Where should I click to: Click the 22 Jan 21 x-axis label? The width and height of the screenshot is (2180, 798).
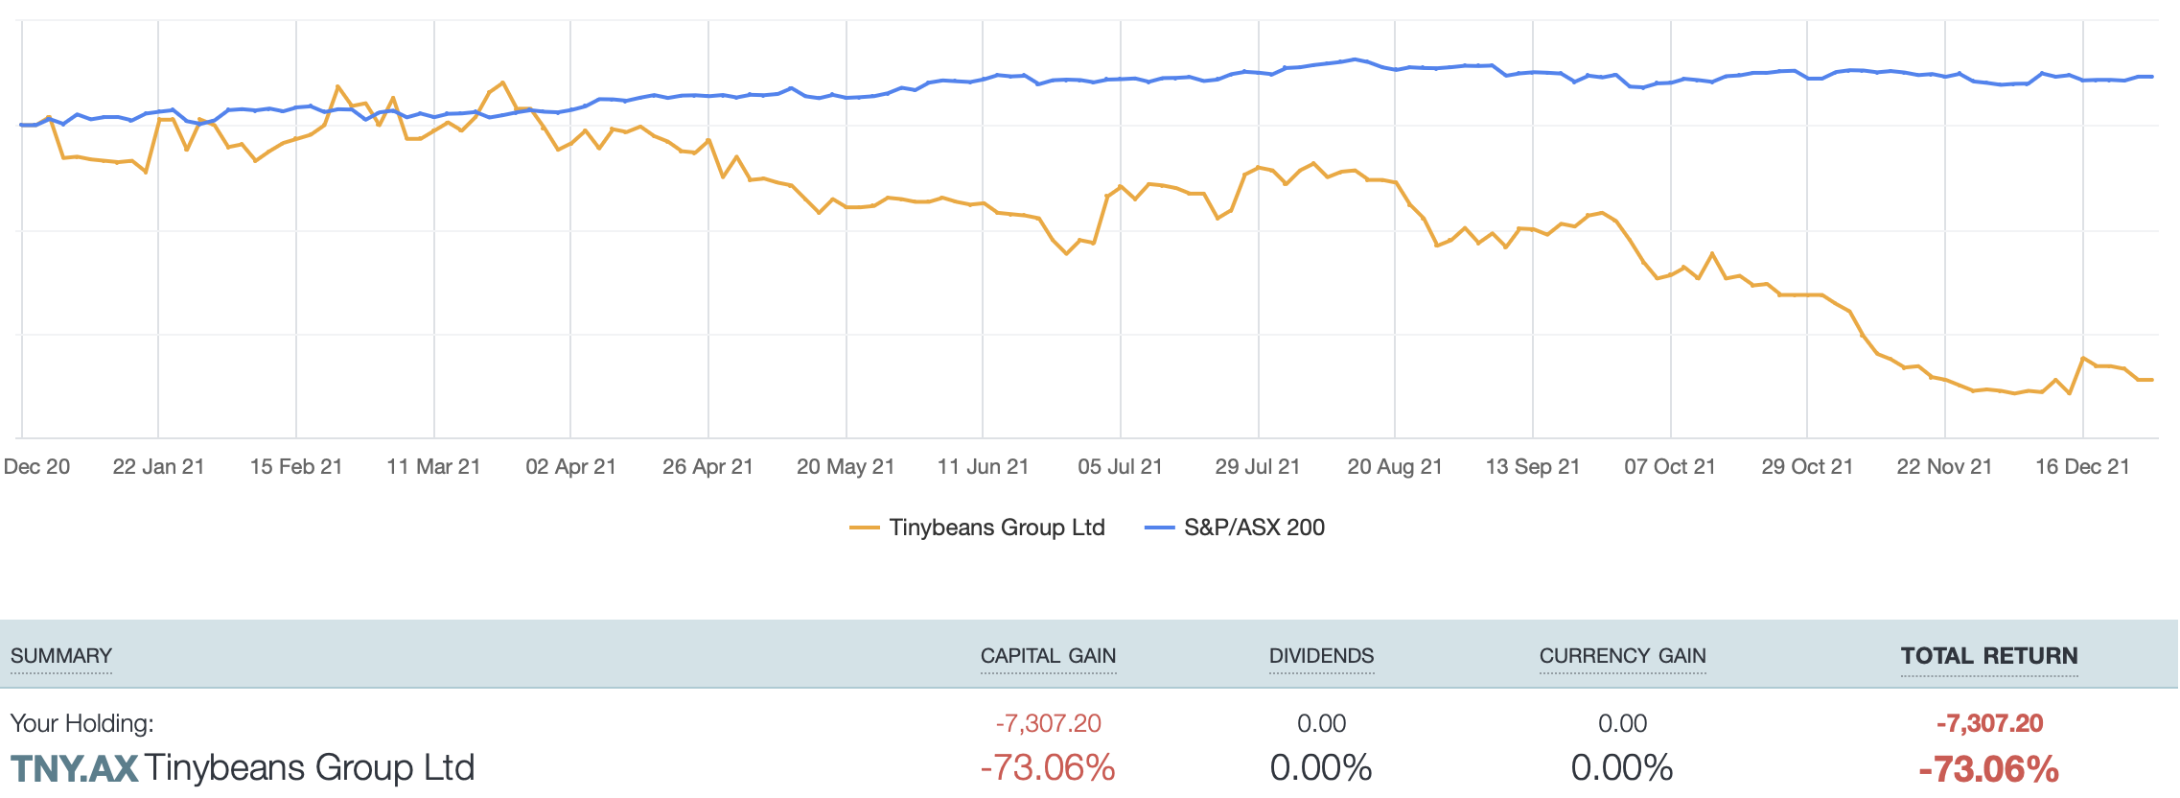coord(158,467)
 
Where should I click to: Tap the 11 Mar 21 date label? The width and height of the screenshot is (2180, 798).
coord(433,467)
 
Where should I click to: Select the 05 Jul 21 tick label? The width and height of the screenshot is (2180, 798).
coord(1120,467)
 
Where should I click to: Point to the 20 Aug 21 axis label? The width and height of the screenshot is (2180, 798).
coord(1395,467)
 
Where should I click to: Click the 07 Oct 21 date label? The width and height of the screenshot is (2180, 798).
coord(1669,467)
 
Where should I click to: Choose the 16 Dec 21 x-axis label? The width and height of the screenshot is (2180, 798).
coord(2082,467)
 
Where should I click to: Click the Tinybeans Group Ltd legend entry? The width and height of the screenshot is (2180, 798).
coord(978,528)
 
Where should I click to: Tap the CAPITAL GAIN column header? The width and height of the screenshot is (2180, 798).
coord(1048,656)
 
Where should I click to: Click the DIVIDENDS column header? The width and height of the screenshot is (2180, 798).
coord(1321,656)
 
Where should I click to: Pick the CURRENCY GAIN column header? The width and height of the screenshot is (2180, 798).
coord(1622,656)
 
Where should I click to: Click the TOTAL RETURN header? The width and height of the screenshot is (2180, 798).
coord(1989,656)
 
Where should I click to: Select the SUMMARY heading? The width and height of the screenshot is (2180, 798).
coord(61,656)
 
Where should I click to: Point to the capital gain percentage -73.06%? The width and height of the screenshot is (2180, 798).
coord(1048,768)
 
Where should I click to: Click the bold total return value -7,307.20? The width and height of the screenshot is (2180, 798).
coord(1989,723)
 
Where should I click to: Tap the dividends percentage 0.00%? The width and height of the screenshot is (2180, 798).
coord(1321,768)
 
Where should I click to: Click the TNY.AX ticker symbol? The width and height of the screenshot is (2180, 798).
coord(75,768)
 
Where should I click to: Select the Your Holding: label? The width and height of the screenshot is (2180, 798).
coord(81,723)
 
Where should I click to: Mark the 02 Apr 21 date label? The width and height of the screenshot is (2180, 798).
coord(570,467)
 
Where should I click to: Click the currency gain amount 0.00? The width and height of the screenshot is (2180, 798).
coord(1622,723)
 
